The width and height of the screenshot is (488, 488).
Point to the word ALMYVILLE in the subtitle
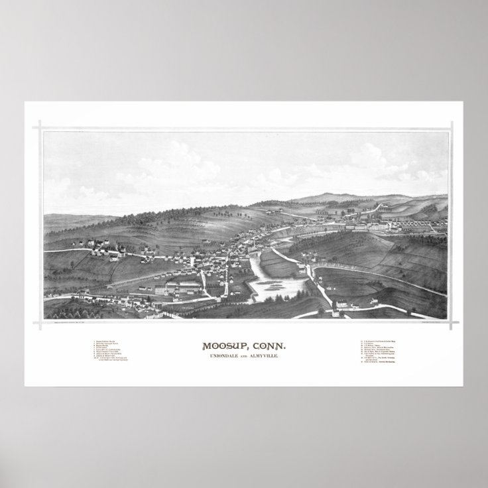pos(270,357)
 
